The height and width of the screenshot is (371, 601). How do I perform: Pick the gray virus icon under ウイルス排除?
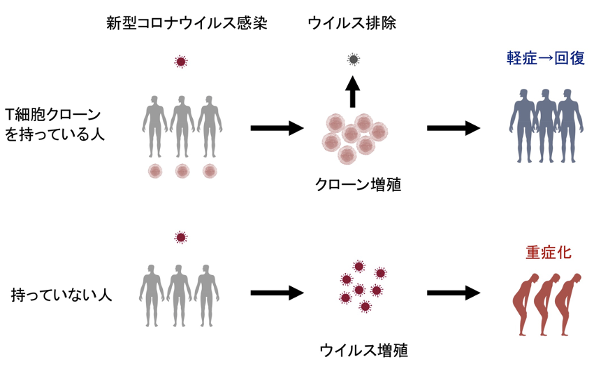[354, 59]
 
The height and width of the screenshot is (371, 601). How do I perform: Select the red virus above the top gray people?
[181, 62]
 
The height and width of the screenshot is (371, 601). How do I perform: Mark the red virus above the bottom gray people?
[181, 237]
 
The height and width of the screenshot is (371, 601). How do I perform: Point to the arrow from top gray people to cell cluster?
[277, 128]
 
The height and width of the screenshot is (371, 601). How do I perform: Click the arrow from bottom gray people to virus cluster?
[277, 293]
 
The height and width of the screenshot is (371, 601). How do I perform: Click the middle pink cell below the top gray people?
[182, 171]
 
